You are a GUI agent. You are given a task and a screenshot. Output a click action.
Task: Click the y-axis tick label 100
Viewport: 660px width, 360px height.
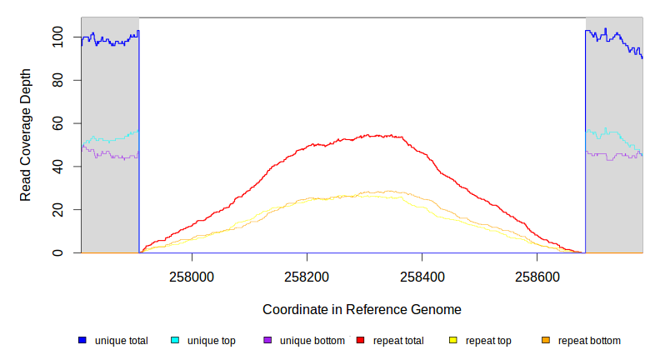click(x=57, y=37)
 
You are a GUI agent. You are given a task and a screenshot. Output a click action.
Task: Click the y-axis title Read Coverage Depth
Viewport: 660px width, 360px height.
click(x=26, y=135)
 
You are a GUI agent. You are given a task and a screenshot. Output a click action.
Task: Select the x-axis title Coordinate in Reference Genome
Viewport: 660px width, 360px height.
click(x=362, y=309)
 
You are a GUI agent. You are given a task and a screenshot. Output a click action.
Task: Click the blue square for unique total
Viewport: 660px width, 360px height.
click(x=82, y=340)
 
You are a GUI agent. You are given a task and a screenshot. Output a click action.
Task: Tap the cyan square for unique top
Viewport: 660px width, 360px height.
click(x=175, y=340)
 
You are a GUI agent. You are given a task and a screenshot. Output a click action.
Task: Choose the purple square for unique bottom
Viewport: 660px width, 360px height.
click(x=267, y=340)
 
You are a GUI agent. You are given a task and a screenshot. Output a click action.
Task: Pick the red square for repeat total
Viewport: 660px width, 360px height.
click(x=360, y=340)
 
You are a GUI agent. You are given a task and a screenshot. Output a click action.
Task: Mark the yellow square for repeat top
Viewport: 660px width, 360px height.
click(x=453, y=340)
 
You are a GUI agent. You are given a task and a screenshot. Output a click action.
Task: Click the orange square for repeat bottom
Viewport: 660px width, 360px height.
click(x=546, y=340)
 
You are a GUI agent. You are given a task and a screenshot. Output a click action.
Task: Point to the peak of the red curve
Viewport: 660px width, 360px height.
click(x=372, y=135)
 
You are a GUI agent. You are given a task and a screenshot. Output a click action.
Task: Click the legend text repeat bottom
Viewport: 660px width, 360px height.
click(x=589, y=341)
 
